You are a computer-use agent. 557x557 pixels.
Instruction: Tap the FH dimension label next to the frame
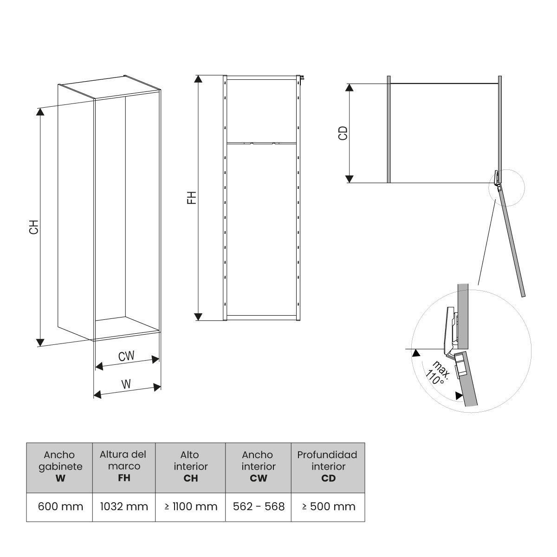click(192, 197)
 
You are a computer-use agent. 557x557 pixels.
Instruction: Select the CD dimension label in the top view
click(343, 133)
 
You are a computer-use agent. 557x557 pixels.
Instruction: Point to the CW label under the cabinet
click(126, 356)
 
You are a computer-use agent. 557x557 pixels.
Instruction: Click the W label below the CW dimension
click(125, 384)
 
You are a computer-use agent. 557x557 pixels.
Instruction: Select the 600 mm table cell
click(60, 506)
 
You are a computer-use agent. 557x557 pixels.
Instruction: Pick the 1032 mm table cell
click(124, 506)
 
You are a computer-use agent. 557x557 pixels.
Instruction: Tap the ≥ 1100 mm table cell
click(190, 506)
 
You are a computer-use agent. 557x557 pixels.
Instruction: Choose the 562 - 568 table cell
click(258, 506)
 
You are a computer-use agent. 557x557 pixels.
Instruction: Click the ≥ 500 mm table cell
click(328, 506)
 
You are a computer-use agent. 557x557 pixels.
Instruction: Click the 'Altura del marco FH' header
click(123, 466)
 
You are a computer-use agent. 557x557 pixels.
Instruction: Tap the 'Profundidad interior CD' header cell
click(328, 466)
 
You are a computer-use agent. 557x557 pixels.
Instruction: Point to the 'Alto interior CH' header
click(190, 466)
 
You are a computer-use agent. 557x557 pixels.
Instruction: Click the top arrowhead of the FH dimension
click(199, 79)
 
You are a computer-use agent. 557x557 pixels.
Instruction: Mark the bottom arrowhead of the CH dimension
click(40, 342)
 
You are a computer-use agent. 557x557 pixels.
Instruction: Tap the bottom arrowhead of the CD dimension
click(350, 179)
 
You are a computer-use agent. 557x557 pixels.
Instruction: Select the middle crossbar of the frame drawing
click(261, 142)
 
